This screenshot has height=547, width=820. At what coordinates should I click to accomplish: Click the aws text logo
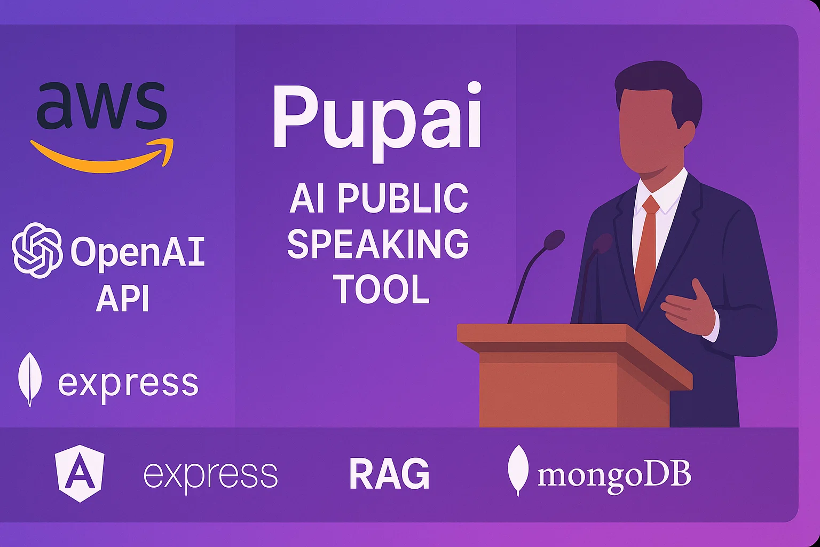coord(101,106)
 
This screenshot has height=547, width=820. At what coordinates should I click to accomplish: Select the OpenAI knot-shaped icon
coord(37,251)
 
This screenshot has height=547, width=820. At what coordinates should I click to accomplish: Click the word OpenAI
coord(138,252)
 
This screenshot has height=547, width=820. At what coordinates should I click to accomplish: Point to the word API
coord(123,298)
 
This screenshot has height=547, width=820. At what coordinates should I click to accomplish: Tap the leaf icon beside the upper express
coord(30,379)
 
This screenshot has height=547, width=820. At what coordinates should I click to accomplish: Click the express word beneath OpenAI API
coord(128,384)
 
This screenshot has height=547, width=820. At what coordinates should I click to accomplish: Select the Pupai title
coord(377,118)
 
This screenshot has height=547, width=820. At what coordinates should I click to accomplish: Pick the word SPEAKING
coord(378,244)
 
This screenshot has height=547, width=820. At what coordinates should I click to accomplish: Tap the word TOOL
coord(382,290)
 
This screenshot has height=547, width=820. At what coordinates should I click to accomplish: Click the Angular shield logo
coord(80,473)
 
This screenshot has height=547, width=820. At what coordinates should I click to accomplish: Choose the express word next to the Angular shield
coord(210,474)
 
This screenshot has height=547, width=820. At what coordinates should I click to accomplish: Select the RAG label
coord(389,474)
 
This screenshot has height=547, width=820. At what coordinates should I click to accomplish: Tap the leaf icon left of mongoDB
coord(518,470)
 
